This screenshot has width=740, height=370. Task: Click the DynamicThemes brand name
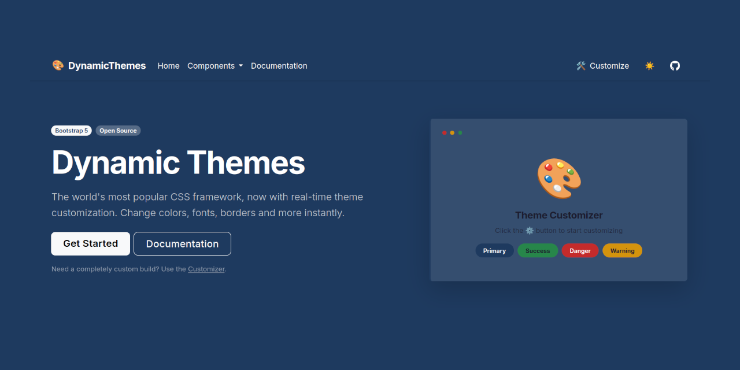107,66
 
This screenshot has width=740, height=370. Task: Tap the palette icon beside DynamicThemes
58,65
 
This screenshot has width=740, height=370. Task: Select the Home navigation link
168,66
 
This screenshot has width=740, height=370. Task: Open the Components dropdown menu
215,66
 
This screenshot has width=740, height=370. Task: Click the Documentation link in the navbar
279,66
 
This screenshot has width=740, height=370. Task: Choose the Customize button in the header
602,66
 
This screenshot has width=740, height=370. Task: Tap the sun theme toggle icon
649,66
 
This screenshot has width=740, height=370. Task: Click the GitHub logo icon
675,66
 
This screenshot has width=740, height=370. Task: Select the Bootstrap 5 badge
72,131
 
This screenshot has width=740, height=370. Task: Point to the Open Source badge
118,131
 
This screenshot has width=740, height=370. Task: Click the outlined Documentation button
182,244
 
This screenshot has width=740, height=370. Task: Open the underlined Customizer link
206,269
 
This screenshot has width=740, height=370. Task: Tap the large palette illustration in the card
558,178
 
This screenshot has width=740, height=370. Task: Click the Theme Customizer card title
558,215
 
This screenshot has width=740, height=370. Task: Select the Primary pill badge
494,251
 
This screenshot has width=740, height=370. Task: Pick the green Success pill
538,251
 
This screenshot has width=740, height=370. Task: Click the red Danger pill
580,251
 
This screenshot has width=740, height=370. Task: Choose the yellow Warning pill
622,251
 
